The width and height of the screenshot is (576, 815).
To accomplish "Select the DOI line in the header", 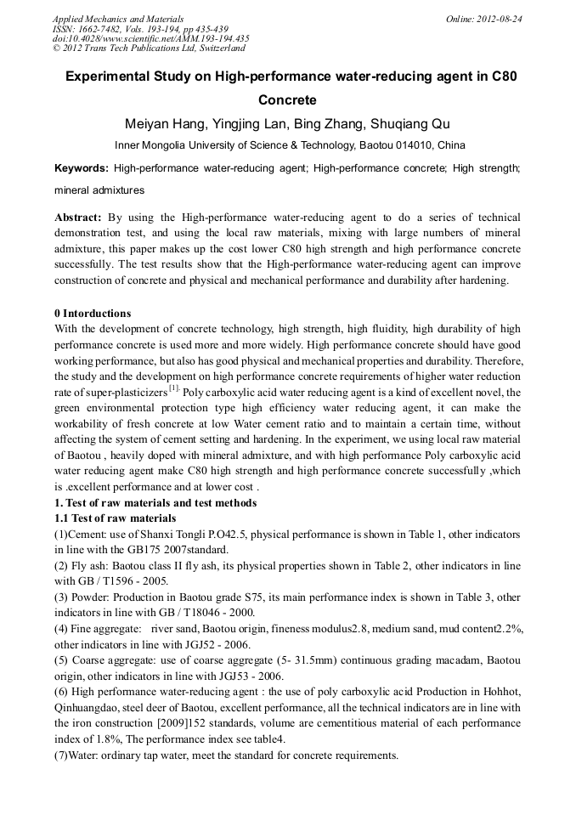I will pos(150,38).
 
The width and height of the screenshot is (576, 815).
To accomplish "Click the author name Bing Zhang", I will pos(327,124).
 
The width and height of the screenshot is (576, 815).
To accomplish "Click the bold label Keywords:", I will pos(82,169).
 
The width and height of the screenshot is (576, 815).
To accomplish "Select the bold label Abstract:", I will pos(78,218).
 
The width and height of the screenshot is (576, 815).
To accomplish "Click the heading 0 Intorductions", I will pos(93,314).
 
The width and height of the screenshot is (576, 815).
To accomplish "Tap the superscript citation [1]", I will pos(173,388).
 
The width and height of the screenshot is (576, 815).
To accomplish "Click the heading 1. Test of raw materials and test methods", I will pos(155,503).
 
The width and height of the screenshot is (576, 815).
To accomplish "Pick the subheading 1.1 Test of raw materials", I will pos(115,518).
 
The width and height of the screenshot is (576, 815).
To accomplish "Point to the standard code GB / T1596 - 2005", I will pos(126,581).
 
